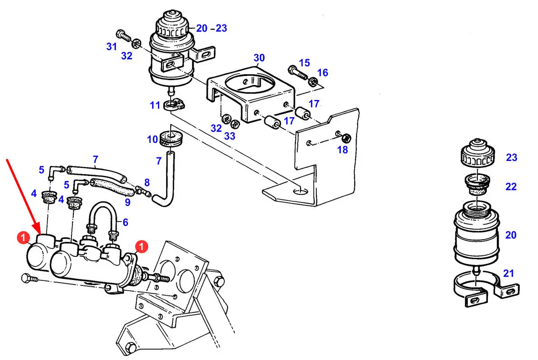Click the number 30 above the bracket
259,57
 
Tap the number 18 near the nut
343,150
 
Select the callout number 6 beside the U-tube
126,222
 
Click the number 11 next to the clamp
155,105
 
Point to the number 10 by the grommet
152,139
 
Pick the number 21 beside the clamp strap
509,273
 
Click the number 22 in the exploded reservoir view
511,186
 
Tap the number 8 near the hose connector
147,183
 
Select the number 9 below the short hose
128,202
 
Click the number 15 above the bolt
305,63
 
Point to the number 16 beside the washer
323,73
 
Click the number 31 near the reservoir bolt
111,46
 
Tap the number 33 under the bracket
230,136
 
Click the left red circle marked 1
23,237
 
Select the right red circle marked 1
141,246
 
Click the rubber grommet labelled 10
171,138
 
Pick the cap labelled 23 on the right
477,152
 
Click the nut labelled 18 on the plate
346,138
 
